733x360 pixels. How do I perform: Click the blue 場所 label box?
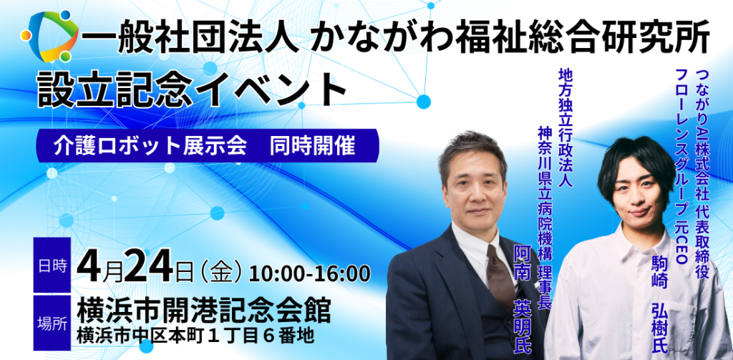[52, 315]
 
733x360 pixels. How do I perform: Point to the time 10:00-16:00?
[310, 273]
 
